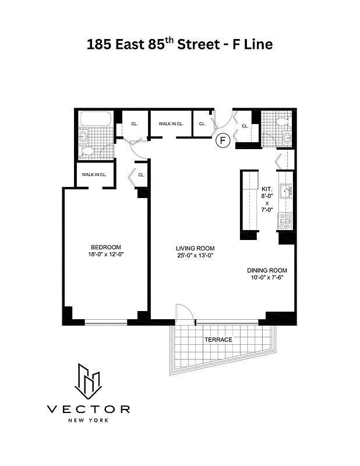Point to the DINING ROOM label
[267, 270]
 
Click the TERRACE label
[218, 340]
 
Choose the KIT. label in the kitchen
[267, 189]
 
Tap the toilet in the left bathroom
[87, 151]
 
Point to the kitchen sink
[285, 190]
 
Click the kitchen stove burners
[285, 219]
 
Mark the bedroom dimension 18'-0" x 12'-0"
[105, 254]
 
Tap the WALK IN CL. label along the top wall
[171, 123]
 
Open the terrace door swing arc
[183, 312]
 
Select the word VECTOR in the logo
[89, 409]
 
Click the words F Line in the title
[250, 44]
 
